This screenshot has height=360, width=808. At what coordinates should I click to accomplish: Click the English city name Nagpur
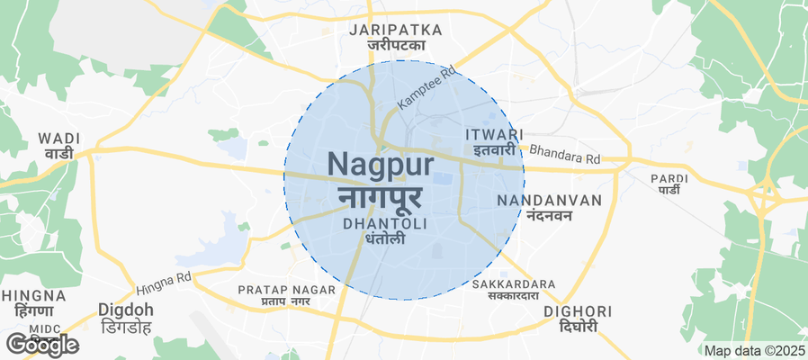(381, 165)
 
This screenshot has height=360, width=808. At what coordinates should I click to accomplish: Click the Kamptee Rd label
(423, 88)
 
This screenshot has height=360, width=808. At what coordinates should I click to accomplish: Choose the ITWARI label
(495, 134)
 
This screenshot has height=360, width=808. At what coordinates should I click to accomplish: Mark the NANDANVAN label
(549, 200)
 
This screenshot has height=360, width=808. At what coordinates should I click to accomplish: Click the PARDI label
(669, 178)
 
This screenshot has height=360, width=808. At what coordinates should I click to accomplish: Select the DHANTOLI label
(385, 222)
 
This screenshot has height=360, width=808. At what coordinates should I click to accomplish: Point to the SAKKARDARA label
(514, 284)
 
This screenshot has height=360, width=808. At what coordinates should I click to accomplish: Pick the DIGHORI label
(579, 311)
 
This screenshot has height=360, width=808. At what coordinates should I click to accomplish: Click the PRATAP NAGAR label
(286, 290)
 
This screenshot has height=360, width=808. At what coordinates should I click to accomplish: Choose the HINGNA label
(34, 295)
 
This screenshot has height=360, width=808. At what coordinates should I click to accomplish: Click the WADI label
(59, 139)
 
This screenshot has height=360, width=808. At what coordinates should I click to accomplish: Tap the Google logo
(41, 344)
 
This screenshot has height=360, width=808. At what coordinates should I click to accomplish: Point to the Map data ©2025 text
(755, 350)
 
